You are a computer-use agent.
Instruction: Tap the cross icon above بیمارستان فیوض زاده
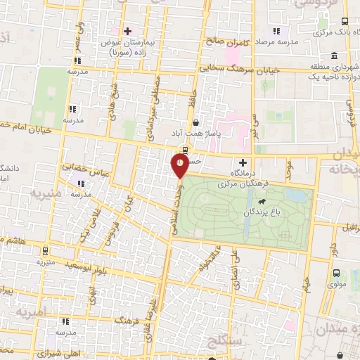pyautogui.click(x=127, y=32)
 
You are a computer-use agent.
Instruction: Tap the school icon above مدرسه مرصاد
pyautogui.click(x=276, y=31)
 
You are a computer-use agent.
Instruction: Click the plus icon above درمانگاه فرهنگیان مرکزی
pyautogui.click(x=243, y=162)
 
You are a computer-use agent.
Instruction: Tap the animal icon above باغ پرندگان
pyautogui.click(x=262, y=202)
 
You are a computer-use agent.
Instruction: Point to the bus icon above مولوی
pyautogui.click(x=336, y=273)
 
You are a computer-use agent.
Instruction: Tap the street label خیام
pyautogui.click(x=307, y=285)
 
